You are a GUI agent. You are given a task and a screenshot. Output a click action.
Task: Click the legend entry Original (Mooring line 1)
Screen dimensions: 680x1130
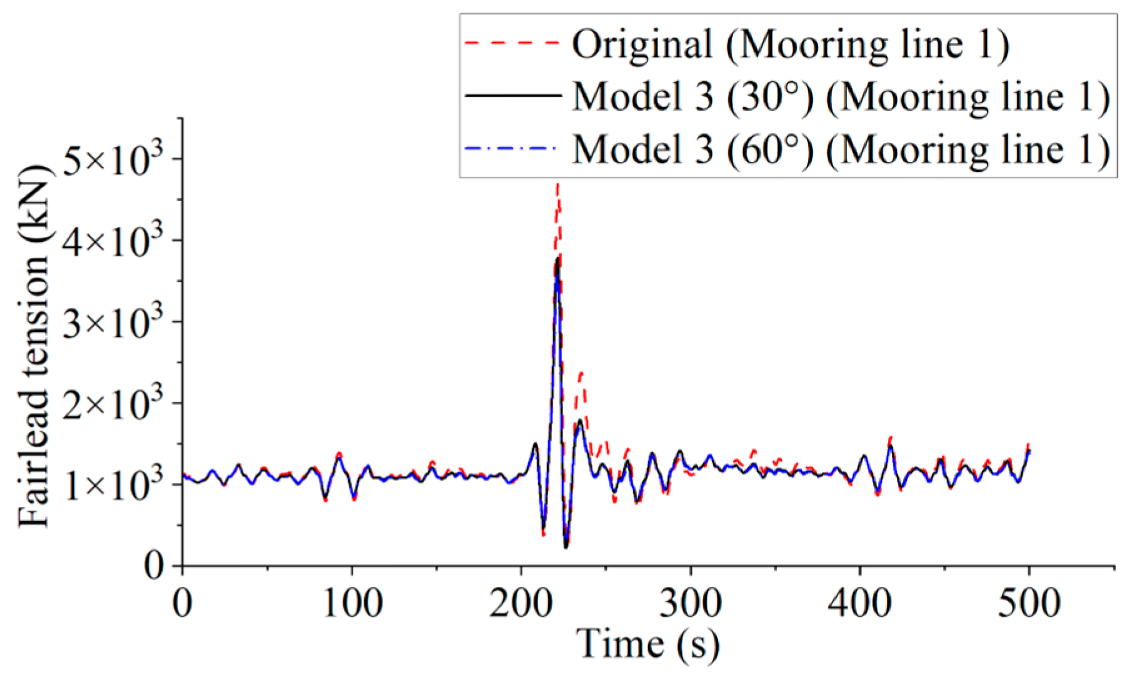[x=790, y=44]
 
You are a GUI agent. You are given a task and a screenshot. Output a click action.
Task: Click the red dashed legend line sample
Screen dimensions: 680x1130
[x=512, y=43]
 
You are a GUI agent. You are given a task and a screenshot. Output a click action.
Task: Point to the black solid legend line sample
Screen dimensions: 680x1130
[x=512, y=96]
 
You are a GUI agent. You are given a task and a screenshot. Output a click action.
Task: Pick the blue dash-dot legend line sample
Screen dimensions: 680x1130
[x=512, y=149]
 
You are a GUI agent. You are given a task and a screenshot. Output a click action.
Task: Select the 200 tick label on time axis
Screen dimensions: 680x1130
[x=521, y=604]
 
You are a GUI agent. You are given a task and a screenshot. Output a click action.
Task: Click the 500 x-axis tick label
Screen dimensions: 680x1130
[x=1029, y=604]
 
